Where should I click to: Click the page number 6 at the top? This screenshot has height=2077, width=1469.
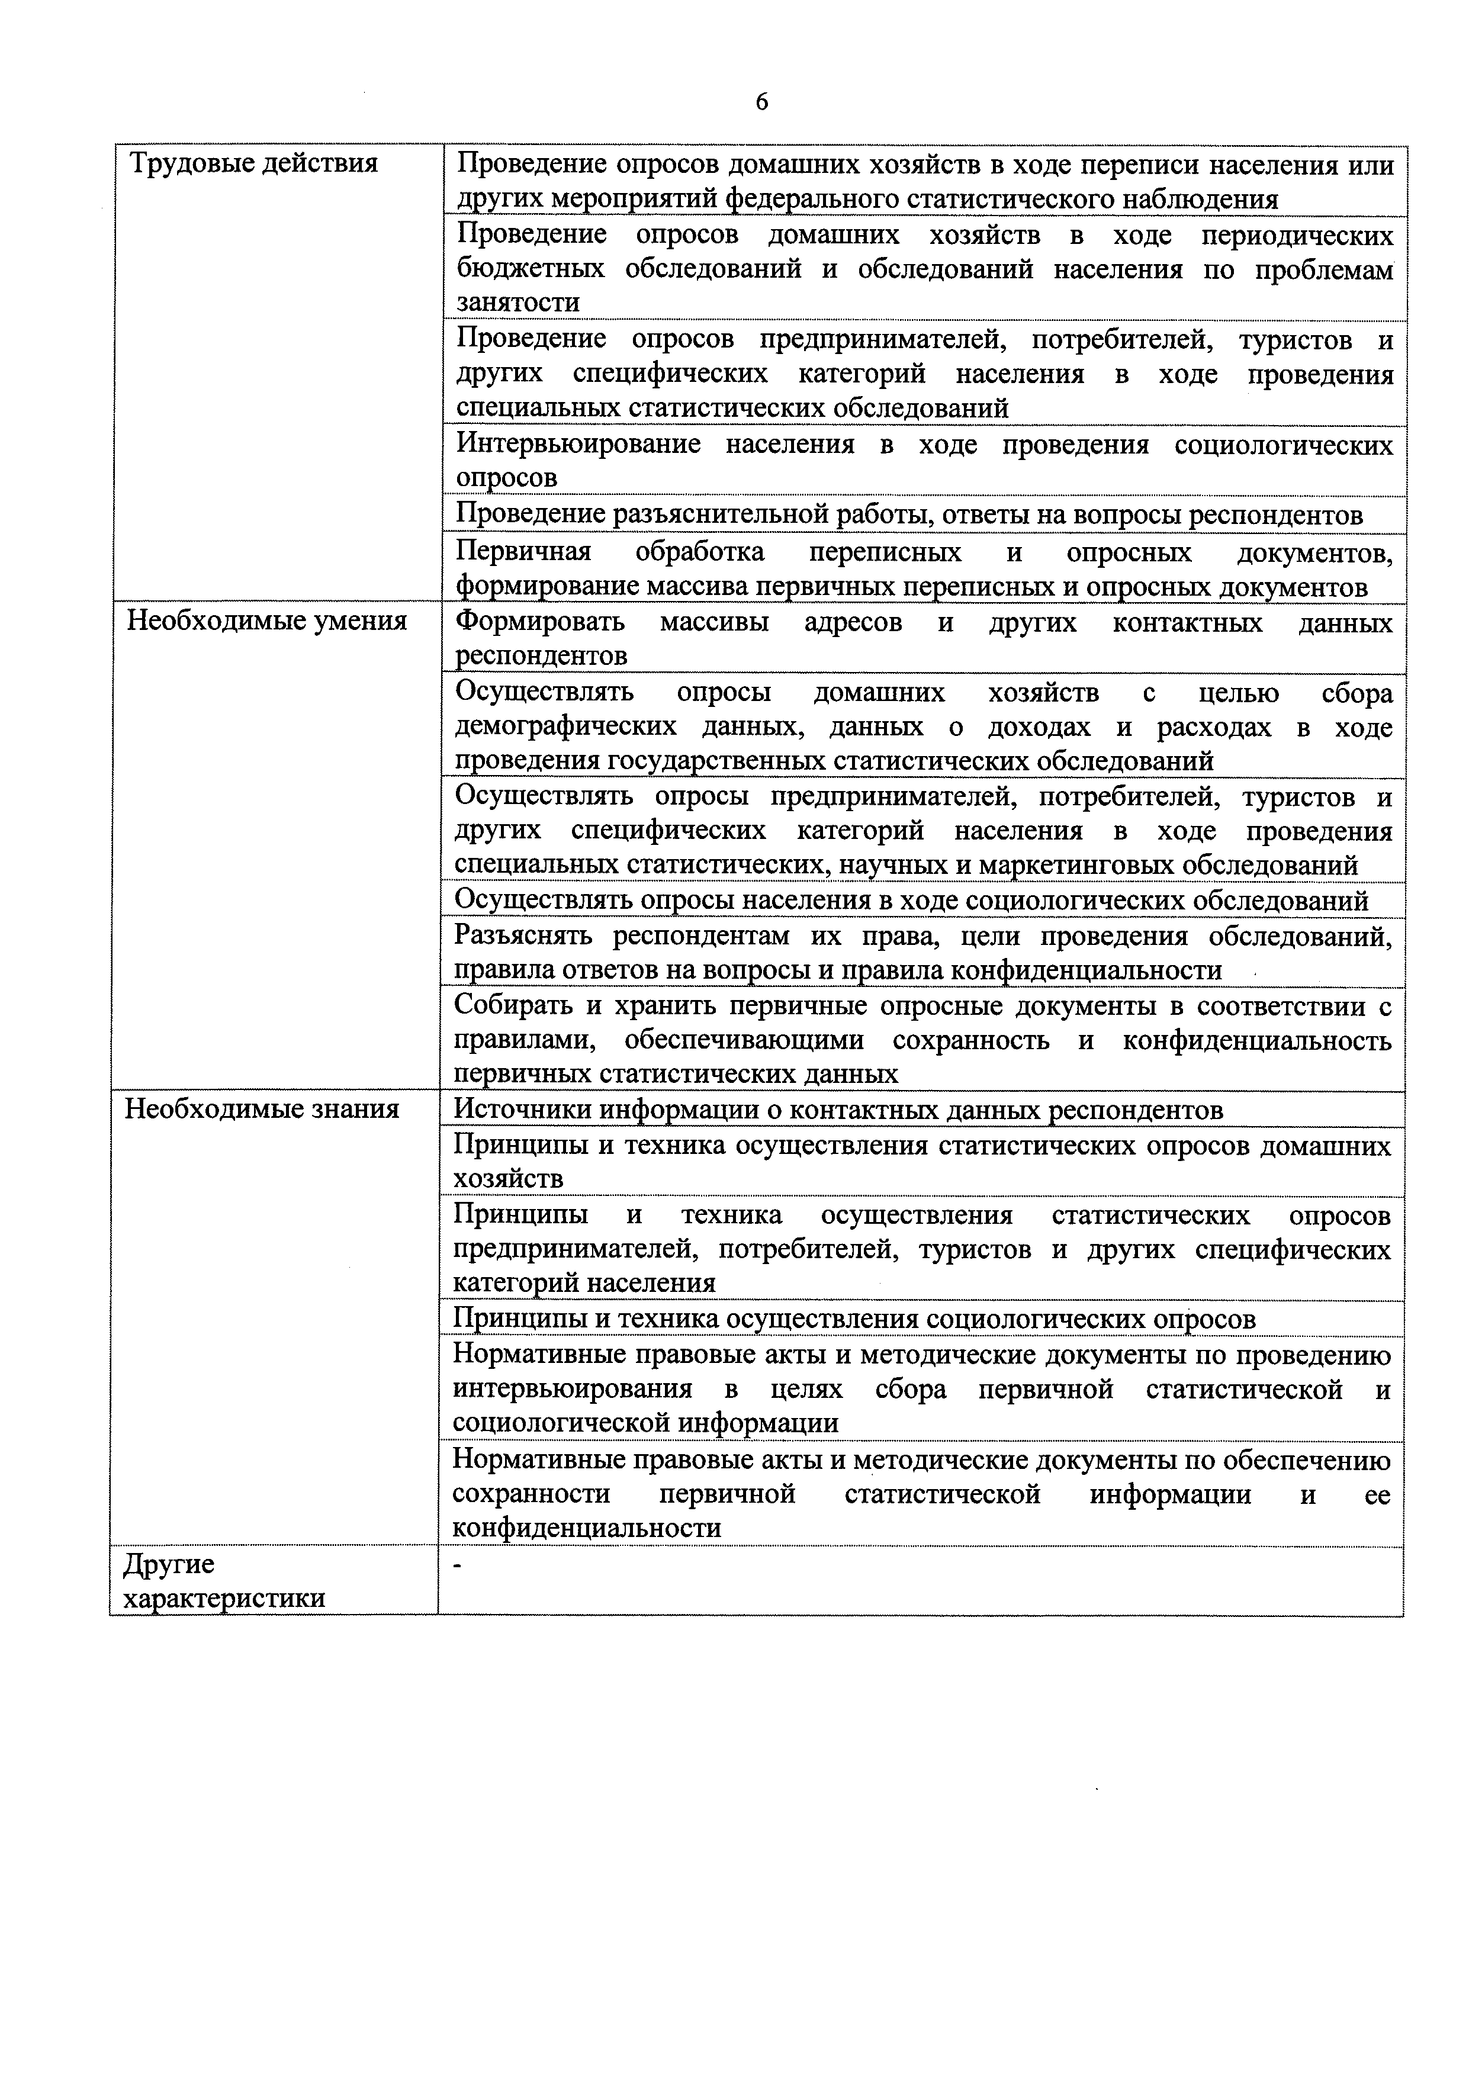tap(761, 102)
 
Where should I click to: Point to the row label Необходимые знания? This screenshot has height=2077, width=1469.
tap(262, 1109)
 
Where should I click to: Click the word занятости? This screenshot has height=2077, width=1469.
tap(517, 302)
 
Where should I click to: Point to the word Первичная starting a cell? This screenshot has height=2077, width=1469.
tap(523, 552)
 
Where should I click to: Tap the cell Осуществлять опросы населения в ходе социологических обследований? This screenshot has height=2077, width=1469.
tap(911, 900)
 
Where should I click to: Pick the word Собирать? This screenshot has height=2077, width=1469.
tap(510, 1005)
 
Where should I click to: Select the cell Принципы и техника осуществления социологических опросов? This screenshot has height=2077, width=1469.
tap(854, 1319)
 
